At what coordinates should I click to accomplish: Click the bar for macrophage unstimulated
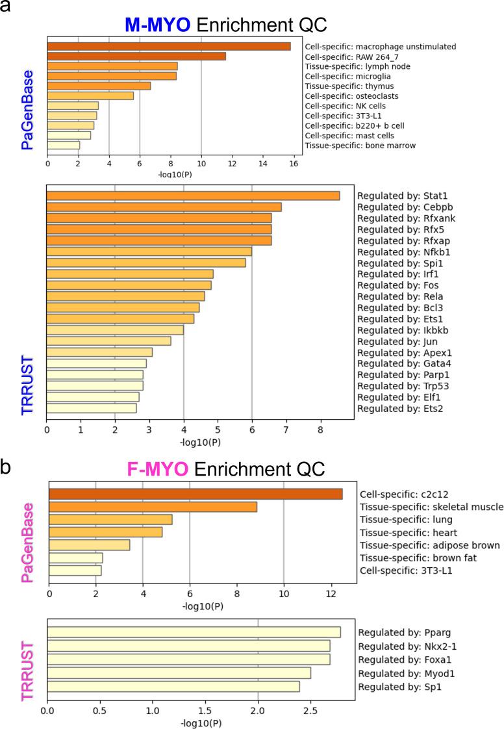point(169,46)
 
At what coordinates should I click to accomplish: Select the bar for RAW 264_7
point(136,56)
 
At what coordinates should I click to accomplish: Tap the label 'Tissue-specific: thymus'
point(349,86)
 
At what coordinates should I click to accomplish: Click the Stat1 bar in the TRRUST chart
point(193,196)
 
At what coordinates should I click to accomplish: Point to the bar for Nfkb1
point(149,251)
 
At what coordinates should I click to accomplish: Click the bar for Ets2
point(92,408)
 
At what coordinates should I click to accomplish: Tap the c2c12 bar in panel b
point(195,494)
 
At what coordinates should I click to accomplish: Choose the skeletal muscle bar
point(153,507)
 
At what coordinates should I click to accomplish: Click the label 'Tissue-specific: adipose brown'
point(429,544)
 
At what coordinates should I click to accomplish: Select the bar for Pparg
point(194,632)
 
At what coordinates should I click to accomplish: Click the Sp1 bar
point(173,686)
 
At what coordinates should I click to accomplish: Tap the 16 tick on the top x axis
point(294,164)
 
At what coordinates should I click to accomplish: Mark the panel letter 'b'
point(7,468)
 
